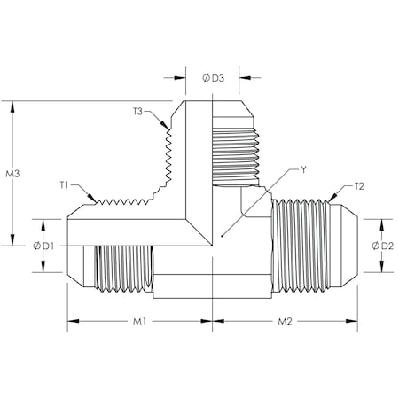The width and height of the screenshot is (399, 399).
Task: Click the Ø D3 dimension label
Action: (214, 78)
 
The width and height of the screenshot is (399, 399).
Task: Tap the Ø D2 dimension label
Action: (383, 245)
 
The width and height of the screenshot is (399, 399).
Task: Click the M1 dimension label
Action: (139, 320)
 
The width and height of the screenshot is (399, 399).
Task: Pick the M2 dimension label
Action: (286, 320)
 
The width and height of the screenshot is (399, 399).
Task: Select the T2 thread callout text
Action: (358, 186)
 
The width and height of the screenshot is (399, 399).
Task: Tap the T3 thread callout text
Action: (138, 111)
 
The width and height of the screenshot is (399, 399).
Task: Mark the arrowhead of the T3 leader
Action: (168, 127)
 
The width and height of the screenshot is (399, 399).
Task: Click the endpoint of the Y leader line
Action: (221, 238)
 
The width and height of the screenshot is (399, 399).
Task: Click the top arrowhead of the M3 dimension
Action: (13, 104)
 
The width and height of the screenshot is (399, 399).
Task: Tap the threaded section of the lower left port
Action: (123, 266)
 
